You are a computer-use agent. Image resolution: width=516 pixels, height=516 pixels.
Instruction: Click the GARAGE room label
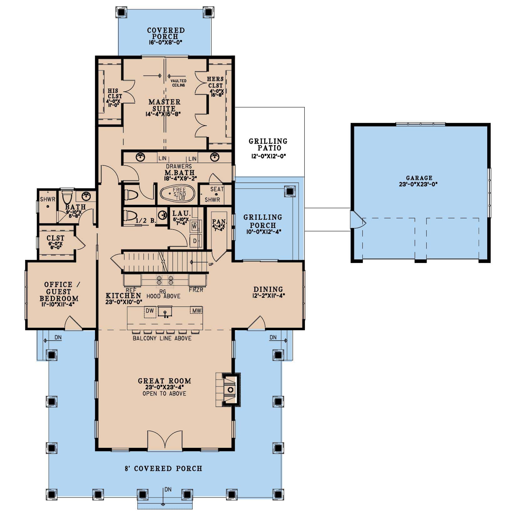[x=419, y=178]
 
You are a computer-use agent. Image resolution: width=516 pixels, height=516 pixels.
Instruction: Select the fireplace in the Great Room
[x=230, y=389]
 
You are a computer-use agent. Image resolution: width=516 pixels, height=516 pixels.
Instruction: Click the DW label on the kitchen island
[x=150, y=311]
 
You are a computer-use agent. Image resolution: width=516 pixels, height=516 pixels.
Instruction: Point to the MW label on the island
[x=196, y=311]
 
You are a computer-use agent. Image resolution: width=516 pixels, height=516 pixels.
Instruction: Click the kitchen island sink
[x=165, y=312]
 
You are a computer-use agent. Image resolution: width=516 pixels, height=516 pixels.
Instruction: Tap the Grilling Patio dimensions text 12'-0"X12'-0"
[x=269, y=156]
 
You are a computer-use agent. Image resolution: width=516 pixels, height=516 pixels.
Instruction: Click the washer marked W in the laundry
[x=194, y=225]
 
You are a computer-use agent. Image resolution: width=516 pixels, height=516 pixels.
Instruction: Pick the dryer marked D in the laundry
[x=195, y=241]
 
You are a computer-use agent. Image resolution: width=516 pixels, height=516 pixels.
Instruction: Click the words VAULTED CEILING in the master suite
[x=178, y=83]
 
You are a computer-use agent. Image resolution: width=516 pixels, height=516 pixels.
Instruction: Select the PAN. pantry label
[x=219, y=222]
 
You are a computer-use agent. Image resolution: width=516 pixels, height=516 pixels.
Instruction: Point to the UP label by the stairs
[x=211, y=264]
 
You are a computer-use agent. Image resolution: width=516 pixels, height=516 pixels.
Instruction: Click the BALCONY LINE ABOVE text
[x=162, y=338]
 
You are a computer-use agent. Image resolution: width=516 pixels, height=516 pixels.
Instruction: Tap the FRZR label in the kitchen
[x=196, y=290]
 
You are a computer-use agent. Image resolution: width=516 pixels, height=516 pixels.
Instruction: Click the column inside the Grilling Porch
[x=290, y=191]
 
